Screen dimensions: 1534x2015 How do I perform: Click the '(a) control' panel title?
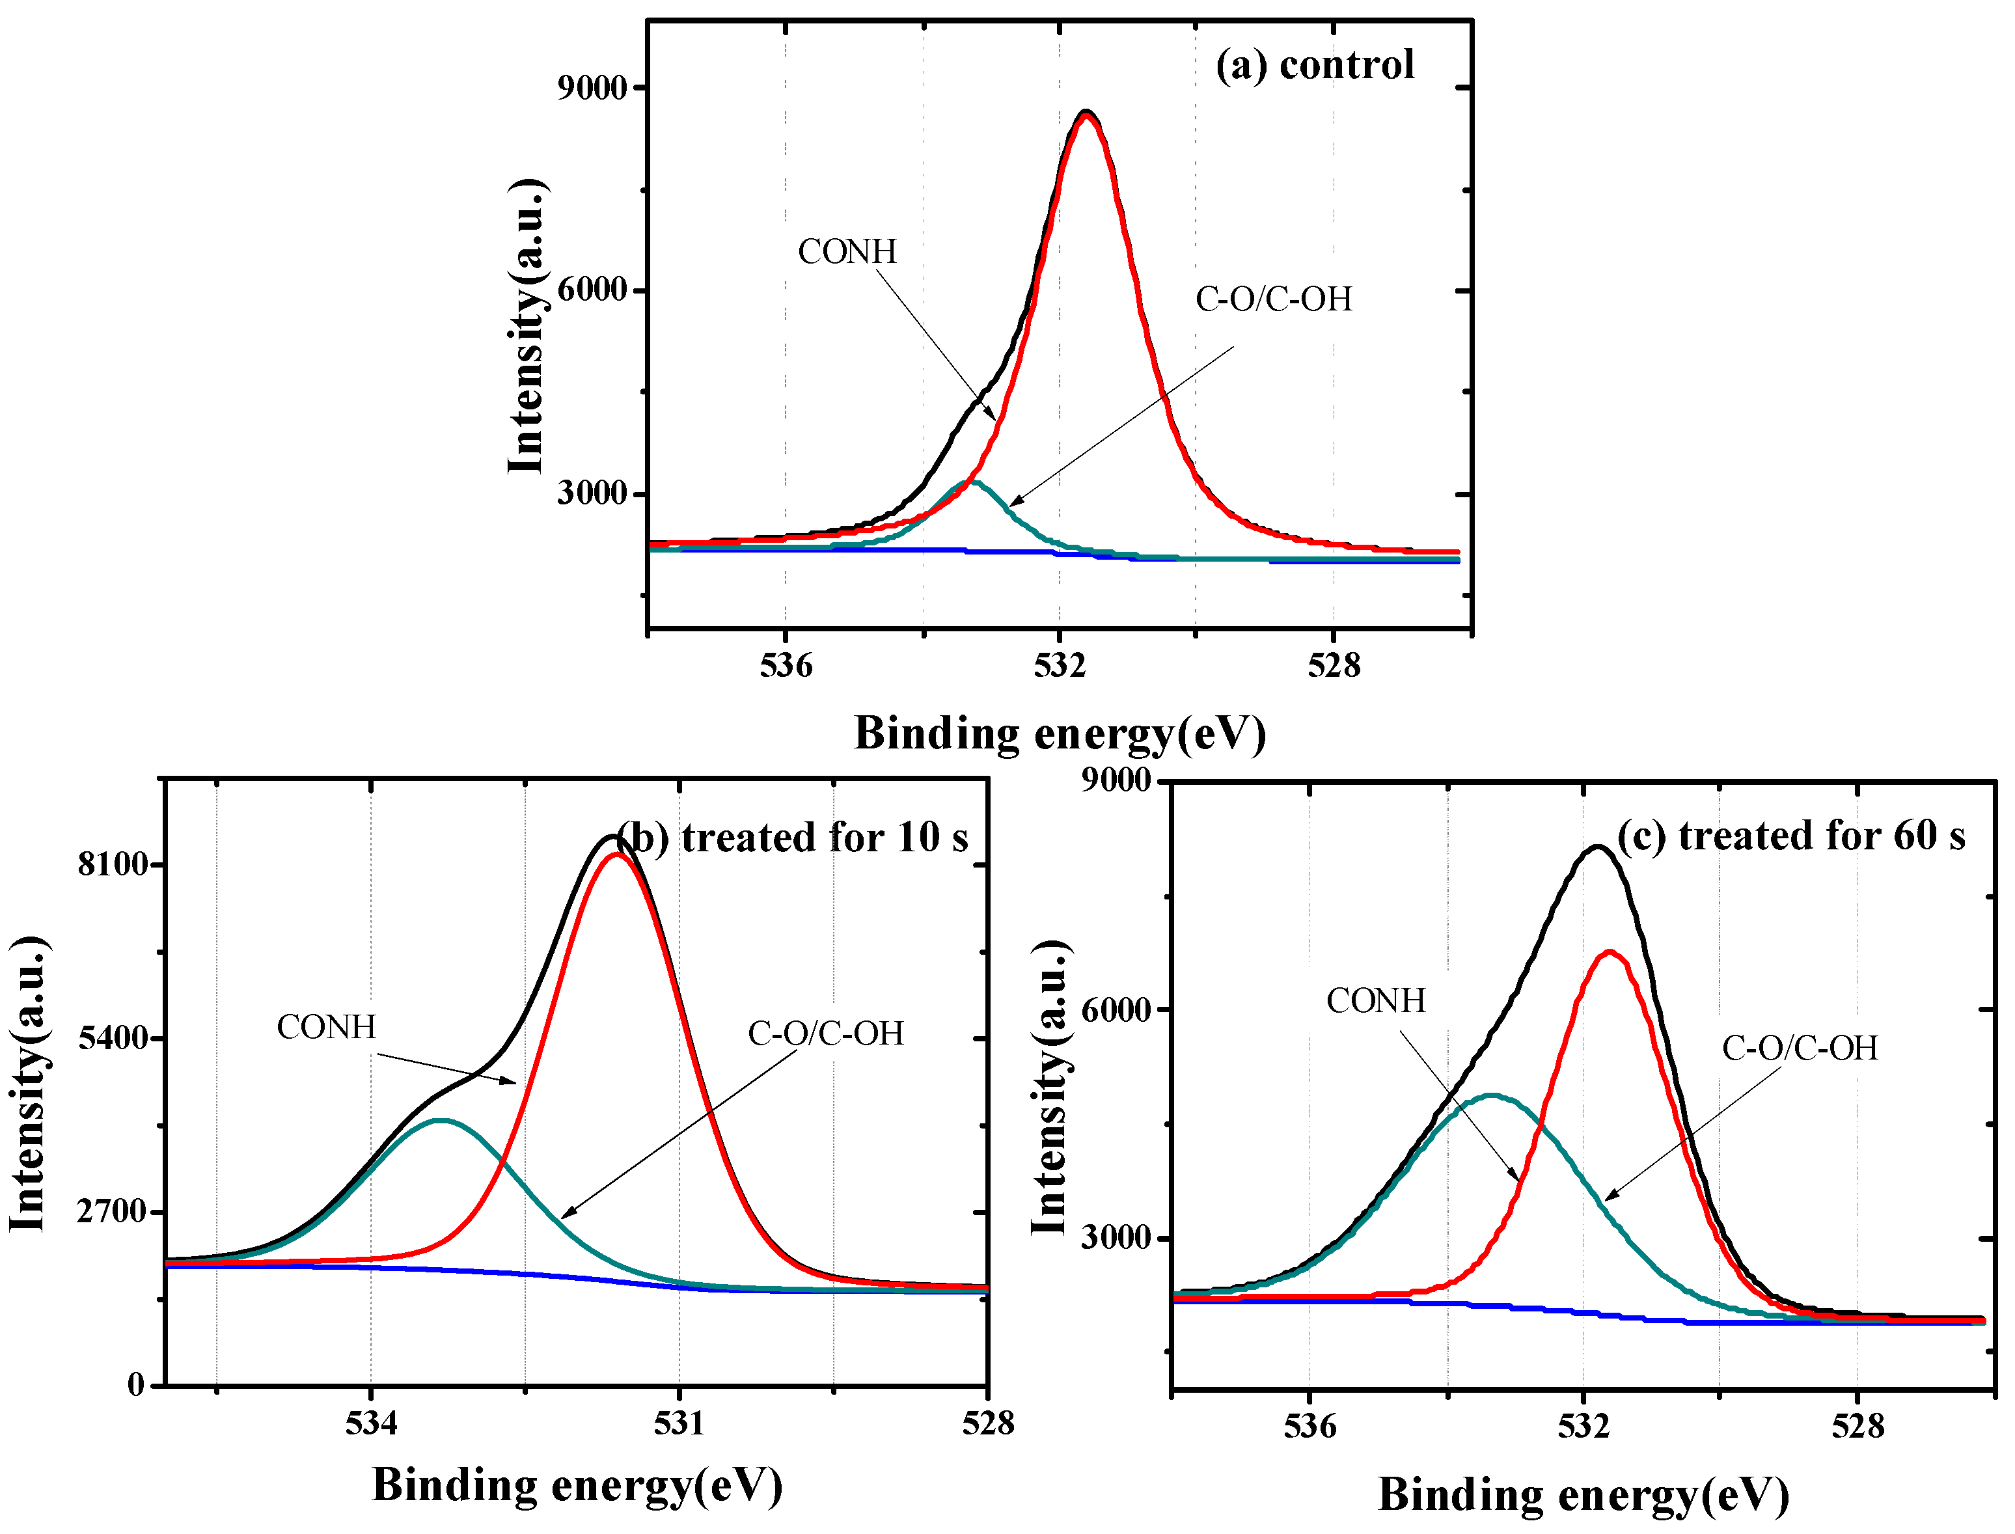pyautogui.click(x=1315, y=65)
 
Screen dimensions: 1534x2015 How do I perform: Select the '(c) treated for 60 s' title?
pyautogui.click(x=1790, y=836)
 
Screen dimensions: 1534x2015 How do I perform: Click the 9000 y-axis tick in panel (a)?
pyautogui.click(x=592, y=88)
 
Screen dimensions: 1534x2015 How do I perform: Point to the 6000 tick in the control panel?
pyautogui.click(x=592, y=290)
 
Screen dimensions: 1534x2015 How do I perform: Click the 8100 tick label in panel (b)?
pyautogui.click(x=113, y=864)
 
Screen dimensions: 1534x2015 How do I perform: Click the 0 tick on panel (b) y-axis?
pyautogui.click(x=136, y=1385)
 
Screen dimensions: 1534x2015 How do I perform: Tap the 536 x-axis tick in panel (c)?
pyautogui.click(x=1309, y=1426)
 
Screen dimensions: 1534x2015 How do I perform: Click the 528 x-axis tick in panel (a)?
pyautogui.click(x=1334, y=666)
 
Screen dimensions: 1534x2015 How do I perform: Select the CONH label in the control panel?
pyautogui.click(x=847, y=252)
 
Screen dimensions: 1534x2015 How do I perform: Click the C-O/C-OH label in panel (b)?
pyautogui.click(x=825, y=1034)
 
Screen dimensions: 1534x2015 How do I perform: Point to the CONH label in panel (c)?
pyautogui.click(x=1375, y=1001)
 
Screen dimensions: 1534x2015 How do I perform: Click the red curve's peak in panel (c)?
pyautogui.click(x=1610, y=952)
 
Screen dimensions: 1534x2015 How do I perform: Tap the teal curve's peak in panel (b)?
pyautogui.click(x=442, y=1120)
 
